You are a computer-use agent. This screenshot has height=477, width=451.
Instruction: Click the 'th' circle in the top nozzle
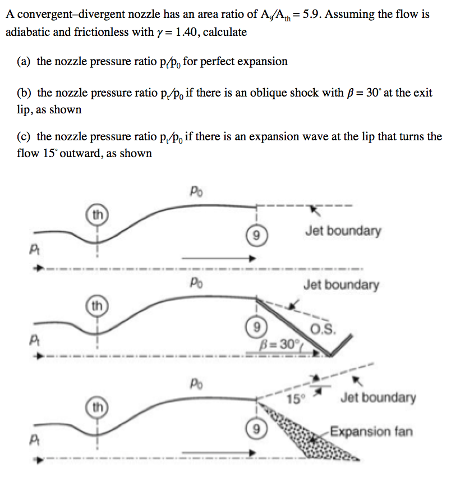(97, 214)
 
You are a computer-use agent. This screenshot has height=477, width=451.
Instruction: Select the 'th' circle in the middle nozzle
(97, 306)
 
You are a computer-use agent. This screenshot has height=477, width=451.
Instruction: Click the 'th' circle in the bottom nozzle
(97, 403)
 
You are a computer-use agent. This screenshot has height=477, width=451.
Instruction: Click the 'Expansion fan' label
(371, 432)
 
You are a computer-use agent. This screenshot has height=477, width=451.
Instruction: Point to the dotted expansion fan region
(303, 441)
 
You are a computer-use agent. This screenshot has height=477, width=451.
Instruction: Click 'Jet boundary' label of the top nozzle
(343, 230)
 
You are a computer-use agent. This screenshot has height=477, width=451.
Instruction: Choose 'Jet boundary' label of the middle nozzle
(341, 285)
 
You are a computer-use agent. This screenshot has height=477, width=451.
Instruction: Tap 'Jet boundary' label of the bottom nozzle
(378, 398)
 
